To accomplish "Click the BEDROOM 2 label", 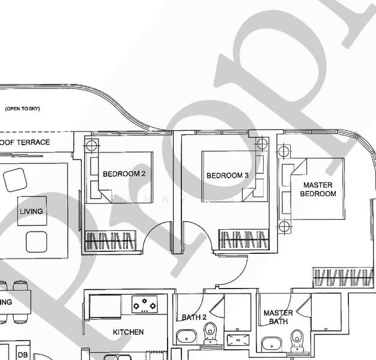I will point(124,174).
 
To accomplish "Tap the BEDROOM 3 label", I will point(228,176).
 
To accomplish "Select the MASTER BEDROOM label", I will point(318,190).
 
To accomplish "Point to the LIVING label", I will point(31,212).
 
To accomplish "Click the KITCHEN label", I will point(129,332).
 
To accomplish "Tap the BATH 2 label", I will point(194,317).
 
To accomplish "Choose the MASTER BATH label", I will point(278,317).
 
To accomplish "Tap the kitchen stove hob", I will point(145,304).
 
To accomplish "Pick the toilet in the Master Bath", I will point(296,340).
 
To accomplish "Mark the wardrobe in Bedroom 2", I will point(110,241).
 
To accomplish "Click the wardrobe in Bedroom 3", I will point(243,240).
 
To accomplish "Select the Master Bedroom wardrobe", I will point(343,278).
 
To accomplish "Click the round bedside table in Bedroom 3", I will point(261,144).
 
